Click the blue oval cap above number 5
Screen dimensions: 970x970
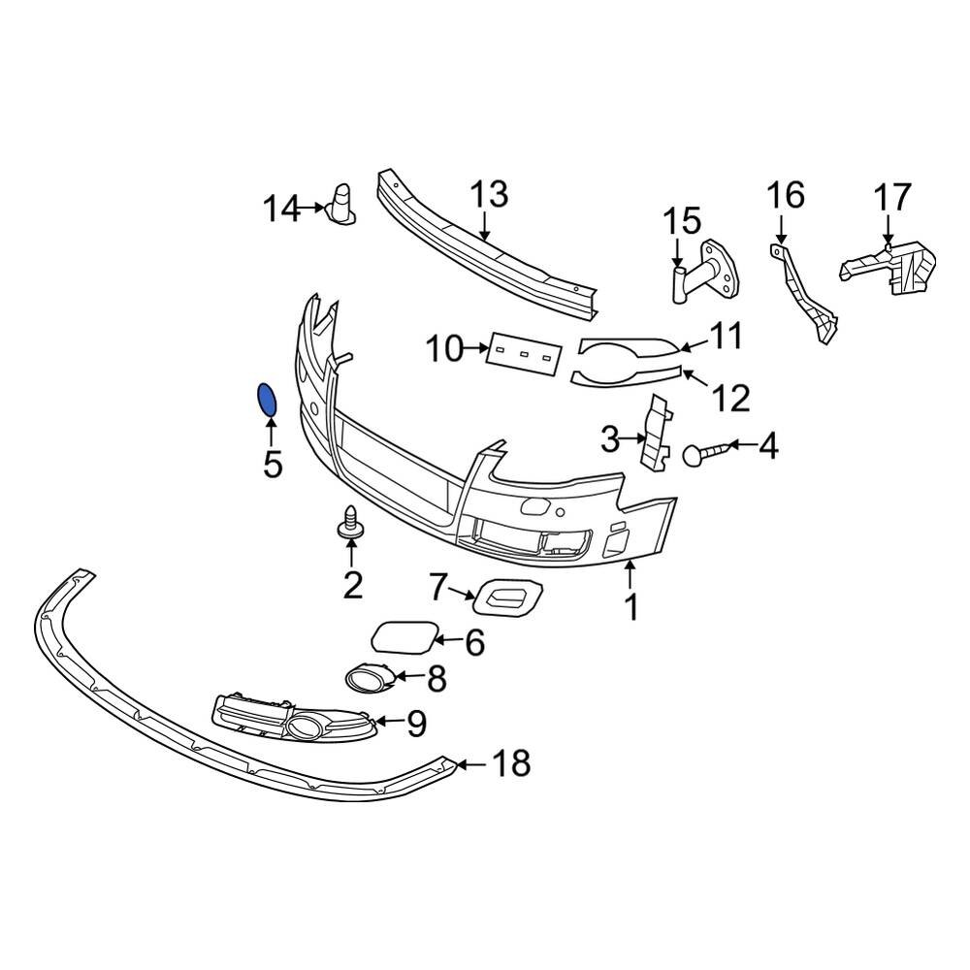pos(266,400)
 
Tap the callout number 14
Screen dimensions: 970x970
pos(282,209)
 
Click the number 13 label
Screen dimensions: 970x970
pos(490,195)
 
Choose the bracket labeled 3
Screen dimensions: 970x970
pos(656,435)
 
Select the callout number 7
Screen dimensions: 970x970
pos(439,586)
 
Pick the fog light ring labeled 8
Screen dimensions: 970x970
pos(368,677)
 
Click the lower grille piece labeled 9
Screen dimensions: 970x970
pos(291,717)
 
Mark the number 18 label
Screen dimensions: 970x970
pos(511,764)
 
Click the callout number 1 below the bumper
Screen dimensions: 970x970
pos(630,609)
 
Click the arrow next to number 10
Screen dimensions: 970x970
pos(477,346)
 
